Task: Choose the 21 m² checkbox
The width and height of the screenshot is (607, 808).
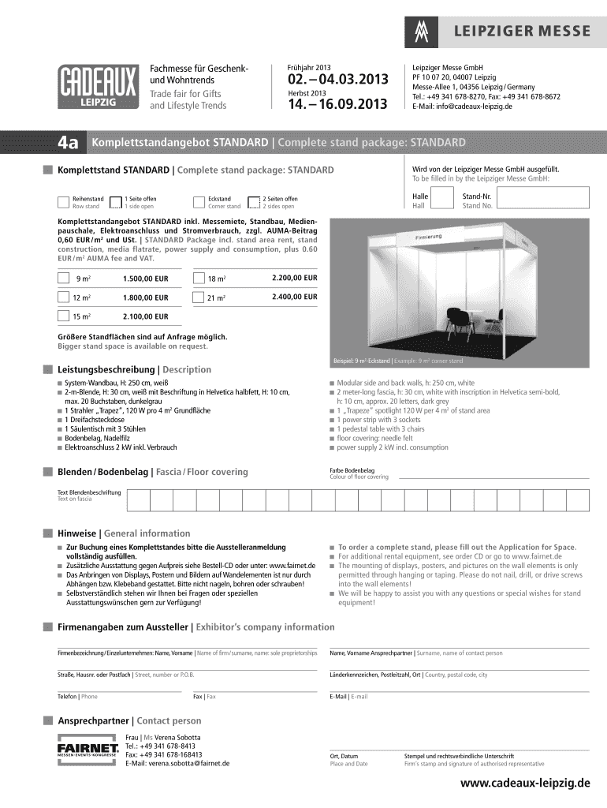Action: (198, 297)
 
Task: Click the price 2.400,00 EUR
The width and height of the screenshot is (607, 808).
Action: (294, 297)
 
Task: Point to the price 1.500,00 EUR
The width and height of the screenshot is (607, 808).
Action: (146, 279)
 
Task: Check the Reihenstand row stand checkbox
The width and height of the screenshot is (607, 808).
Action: (63, 202)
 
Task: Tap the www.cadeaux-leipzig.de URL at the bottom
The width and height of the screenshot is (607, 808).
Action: (525, 784)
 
